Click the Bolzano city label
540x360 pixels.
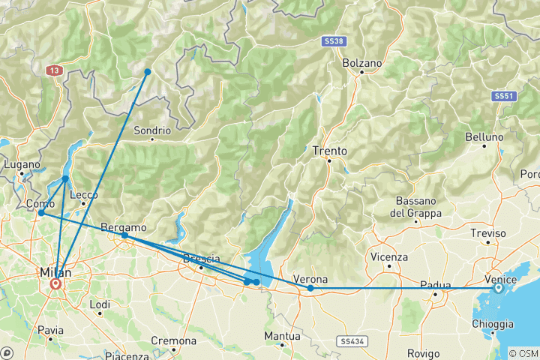(362, 64)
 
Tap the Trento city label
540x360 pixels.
(330, 151)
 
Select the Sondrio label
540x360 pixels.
(152, 130)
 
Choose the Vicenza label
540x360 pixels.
(389, 257)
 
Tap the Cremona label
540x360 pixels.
(173, 340)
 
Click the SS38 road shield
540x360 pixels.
(334, 41)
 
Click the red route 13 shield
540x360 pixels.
(54, 70)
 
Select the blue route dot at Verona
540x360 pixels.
(310, 288)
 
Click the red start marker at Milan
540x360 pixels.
(55, 285)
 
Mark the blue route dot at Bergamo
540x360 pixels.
(124, 235)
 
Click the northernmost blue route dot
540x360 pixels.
(148, 72)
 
